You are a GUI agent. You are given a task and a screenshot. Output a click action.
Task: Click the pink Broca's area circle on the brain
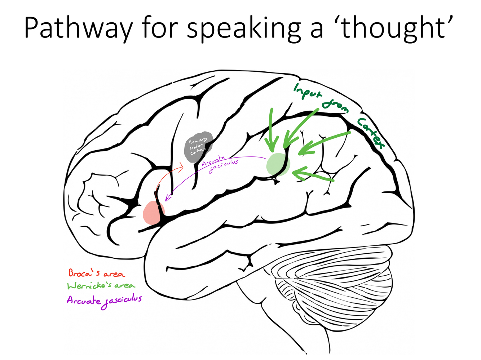click(x=153, y=213)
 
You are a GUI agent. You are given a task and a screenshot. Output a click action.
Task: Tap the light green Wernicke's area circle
click(x=278, y=164)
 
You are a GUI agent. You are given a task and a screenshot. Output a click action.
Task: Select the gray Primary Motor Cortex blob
click(x=198, y=146)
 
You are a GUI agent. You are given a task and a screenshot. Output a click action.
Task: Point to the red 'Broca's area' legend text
click(x=97, y=273)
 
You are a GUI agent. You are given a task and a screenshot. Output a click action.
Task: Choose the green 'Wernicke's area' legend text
click(x=101, y=286)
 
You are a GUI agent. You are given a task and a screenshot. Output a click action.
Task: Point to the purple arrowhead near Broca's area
click(x=167, y=198)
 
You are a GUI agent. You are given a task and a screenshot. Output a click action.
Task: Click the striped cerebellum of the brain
click(x=332, y=285)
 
